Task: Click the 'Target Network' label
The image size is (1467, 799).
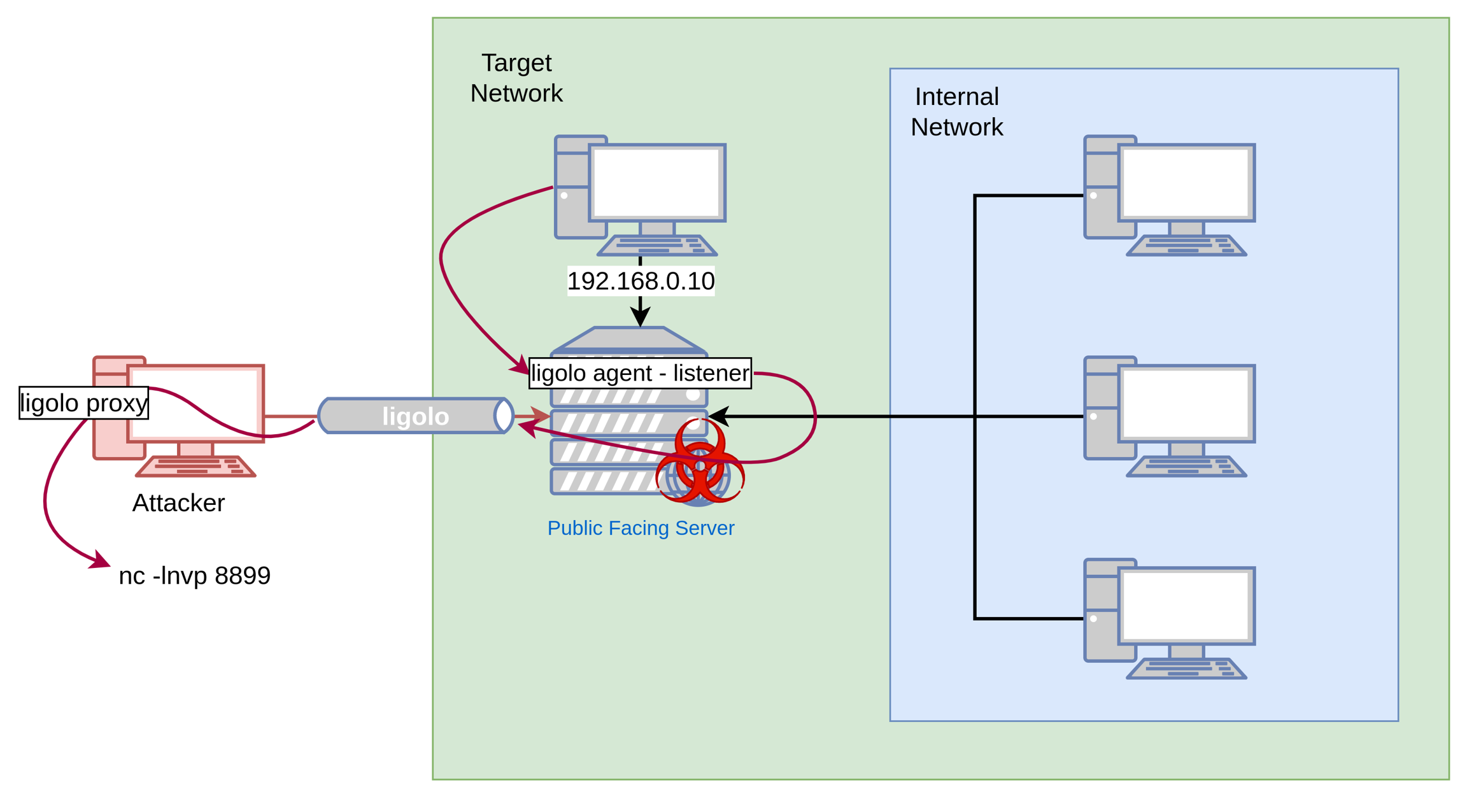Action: point(516,78)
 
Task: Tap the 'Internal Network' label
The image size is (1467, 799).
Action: point(956,112)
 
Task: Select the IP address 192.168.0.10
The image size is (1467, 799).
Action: point(641,281)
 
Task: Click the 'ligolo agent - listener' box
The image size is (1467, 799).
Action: point(640,373)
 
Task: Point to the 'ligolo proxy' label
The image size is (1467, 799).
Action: point(84,403)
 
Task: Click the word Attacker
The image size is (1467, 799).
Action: point(178,503)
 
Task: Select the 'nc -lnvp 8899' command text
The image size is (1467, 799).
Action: point(195,576)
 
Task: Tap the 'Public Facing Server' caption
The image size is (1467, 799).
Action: point(641,528)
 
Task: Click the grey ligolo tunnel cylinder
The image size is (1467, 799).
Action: point(415,416)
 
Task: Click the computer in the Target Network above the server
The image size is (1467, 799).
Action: point(640,191)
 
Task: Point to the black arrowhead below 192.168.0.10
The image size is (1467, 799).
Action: point(640,316)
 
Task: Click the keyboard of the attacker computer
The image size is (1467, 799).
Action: point(195,467)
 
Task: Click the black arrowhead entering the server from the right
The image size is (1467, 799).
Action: point(718,416)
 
